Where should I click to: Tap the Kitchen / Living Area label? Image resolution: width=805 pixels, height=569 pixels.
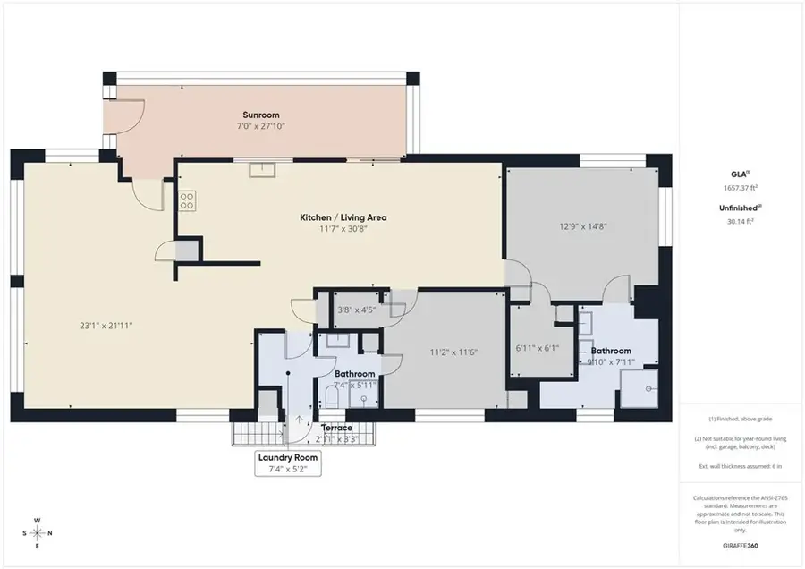tap(343, 217)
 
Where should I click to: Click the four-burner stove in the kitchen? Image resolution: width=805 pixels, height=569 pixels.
tap(188, 200)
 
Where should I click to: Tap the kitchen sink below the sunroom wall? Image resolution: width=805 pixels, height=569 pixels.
tap(260, 169)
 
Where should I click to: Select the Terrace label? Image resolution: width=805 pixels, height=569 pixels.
tap(338, 428)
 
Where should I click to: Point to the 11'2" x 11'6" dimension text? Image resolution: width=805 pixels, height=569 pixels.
tap(454, 352)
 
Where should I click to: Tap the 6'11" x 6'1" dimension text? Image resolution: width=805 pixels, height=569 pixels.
tap(538, 347)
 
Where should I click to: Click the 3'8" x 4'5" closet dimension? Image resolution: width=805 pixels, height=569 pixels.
tap(355, 310)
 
